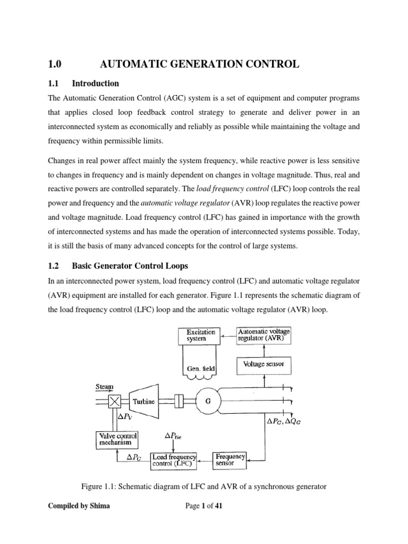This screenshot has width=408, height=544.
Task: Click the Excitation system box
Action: (201, 336)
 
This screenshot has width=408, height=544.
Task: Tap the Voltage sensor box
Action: (263, 364)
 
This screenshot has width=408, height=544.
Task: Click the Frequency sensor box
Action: (230, 460)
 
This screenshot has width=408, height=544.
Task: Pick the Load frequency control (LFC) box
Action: (174, 460)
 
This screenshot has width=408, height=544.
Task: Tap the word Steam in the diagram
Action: (104, 387)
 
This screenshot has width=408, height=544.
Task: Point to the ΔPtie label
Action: (177, 435)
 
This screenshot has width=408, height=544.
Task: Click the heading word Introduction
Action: (95, 83)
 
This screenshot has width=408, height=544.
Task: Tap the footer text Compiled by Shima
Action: (79, 506)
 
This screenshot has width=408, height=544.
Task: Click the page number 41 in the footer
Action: (218, 506)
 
